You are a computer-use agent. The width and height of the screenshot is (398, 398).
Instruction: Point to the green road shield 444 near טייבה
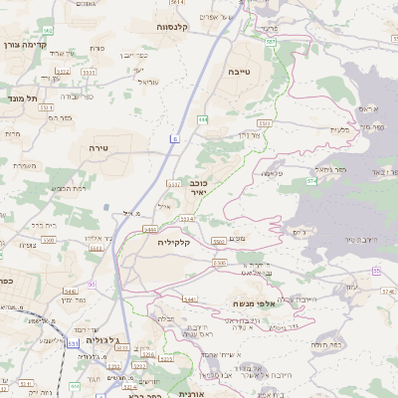click(x=203, y=119)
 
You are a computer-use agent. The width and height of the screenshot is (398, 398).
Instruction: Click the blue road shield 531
click(x=75, y=343)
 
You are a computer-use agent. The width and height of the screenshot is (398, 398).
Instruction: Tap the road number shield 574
click(x=311, y=181)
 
